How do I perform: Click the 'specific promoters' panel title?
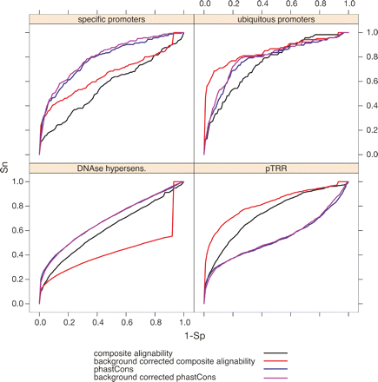pos(110,20)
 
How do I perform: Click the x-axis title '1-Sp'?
pos(193,333)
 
